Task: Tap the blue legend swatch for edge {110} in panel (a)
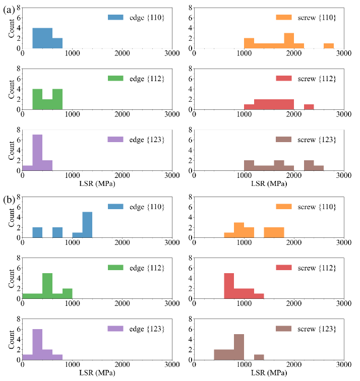tap(115, 17)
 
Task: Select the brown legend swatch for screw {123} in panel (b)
tap(284, 329)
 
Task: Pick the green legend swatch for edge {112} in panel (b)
tap(115, 267)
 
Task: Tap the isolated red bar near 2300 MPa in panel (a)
tap(309, 107)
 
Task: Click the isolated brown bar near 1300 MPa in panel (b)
tap(259, 357)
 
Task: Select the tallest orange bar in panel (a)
tap(289, 41)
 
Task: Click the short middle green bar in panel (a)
tap(47, 104)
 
